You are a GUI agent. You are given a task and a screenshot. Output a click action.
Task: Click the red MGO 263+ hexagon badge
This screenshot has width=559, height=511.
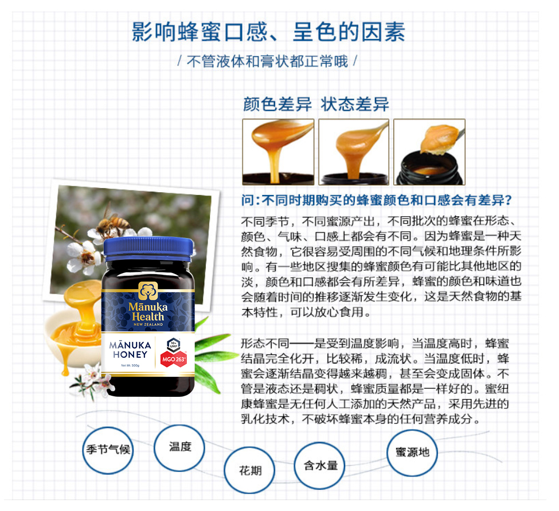[x=174, y=359]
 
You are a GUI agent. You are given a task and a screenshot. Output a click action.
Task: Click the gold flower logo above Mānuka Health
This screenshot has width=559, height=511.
[x=148, y=291]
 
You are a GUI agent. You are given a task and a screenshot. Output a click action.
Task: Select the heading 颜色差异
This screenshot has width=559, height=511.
[x=277, y=104]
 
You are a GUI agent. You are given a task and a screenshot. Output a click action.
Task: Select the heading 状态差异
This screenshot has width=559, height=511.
[x=355, y=104]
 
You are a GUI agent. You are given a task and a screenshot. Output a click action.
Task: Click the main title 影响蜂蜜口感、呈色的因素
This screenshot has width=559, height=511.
[x=268, y=32]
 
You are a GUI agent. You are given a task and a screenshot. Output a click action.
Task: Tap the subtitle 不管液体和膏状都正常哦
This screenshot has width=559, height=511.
[x=267, y=61]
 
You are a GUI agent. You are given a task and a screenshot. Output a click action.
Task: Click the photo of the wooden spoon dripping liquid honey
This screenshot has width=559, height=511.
[x=278, y=152]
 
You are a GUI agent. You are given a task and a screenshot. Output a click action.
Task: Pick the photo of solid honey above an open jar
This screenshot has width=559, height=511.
[x=429, y=152]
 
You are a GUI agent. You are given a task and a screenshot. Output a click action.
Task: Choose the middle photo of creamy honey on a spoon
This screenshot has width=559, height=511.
[x=354, y=152]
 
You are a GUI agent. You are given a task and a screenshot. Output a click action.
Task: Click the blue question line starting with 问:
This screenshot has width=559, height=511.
[x=377, y=200]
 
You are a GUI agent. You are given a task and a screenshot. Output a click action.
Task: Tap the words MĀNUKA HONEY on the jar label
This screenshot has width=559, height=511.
[x=130, y=350]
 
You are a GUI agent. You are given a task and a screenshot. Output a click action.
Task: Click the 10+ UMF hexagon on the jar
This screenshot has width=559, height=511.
[x=174, y=345]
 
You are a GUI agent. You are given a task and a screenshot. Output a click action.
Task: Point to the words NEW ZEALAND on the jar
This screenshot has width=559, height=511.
[x=148, y=325]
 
